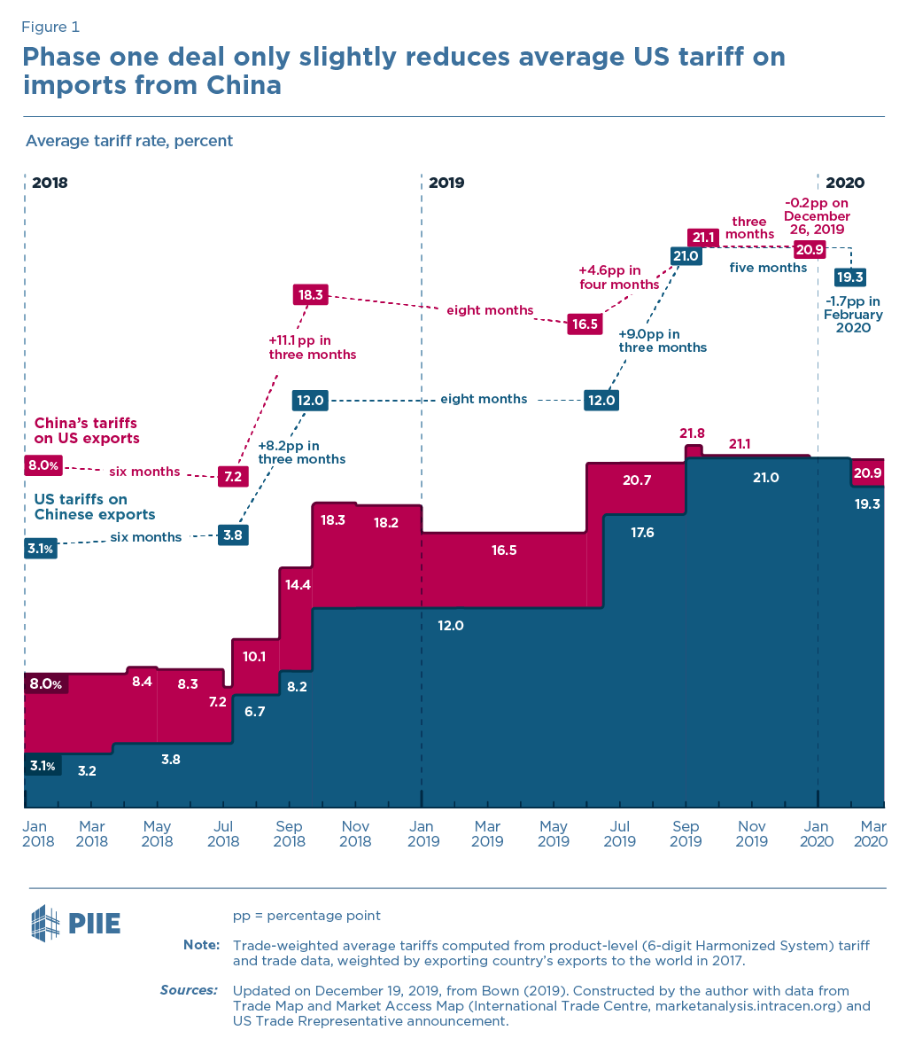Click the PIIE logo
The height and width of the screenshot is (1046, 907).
point(75,923)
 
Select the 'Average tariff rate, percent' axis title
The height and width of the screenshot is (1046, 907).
point(129,141)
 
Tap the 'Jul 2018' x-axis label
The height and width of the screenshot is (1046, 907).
point(223,834)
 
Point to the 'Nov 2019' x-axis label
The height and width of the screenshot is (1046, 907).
point(751,834)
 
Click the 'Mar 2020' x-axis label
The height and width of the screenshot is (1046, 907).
point(871,834)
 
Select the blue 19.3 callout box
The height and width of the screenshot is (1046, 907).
point(853,276)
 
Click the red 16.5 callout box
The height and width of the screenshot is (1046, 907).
point(585,324)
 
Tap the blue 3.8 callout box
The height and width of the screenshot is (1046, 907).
point(233,535)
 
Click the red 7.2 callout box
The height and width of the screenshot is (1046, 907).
point(233,476)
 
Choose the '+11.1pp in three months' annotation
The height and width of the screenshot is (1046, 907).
point(312,347)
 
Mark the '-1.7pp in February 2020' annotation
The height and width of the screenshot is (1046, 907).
point(852,314)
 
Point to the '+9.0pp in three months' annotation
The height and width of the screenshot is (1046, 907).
point(662,340)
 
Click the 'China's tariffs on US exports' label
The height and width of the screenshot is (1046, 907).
point(87,431)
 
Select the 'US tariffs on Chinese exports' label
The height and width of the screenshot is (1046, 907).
point(95,507)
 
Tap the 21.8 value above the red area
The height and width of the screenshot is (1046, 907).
point(692,433)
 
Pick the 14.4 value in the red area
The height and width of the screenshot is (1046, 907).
point(296,584)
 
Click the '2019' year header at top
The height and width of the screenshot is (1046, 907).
point(446,183)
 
